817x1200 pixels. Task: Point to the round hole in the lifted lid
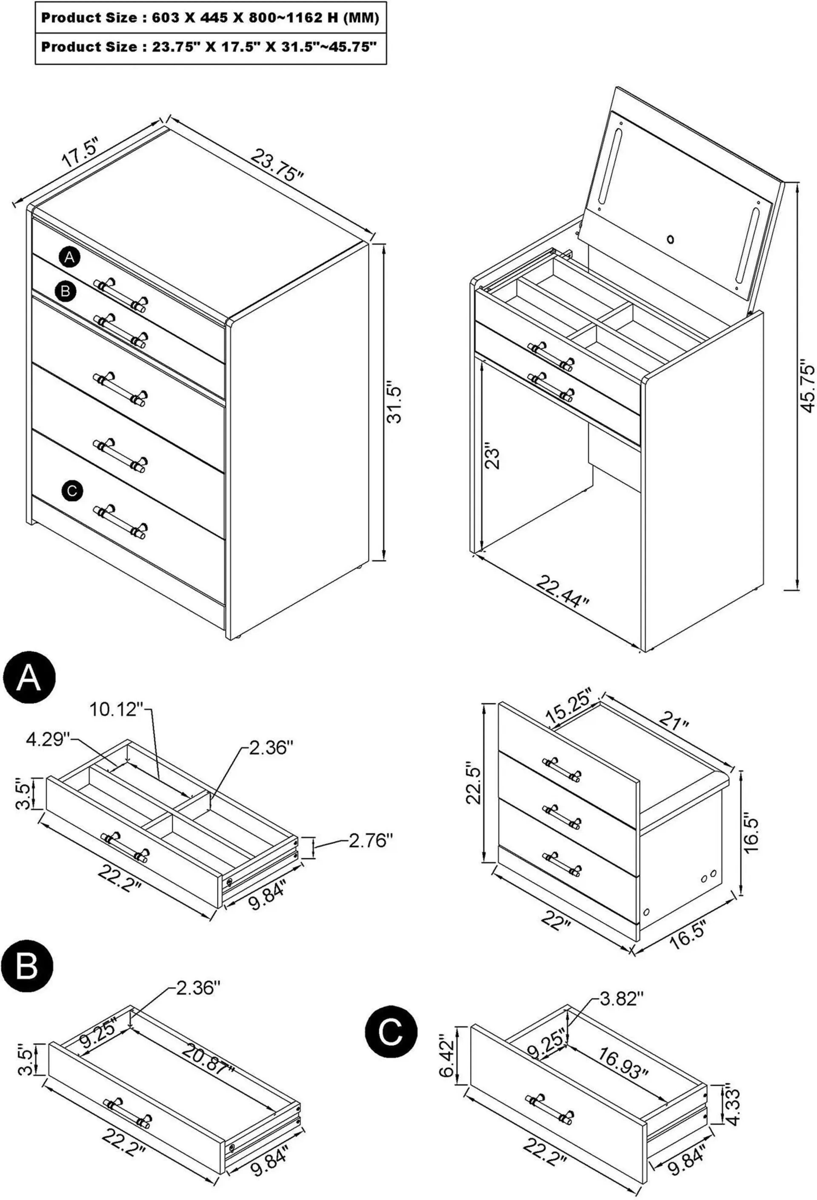(670, 239)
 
